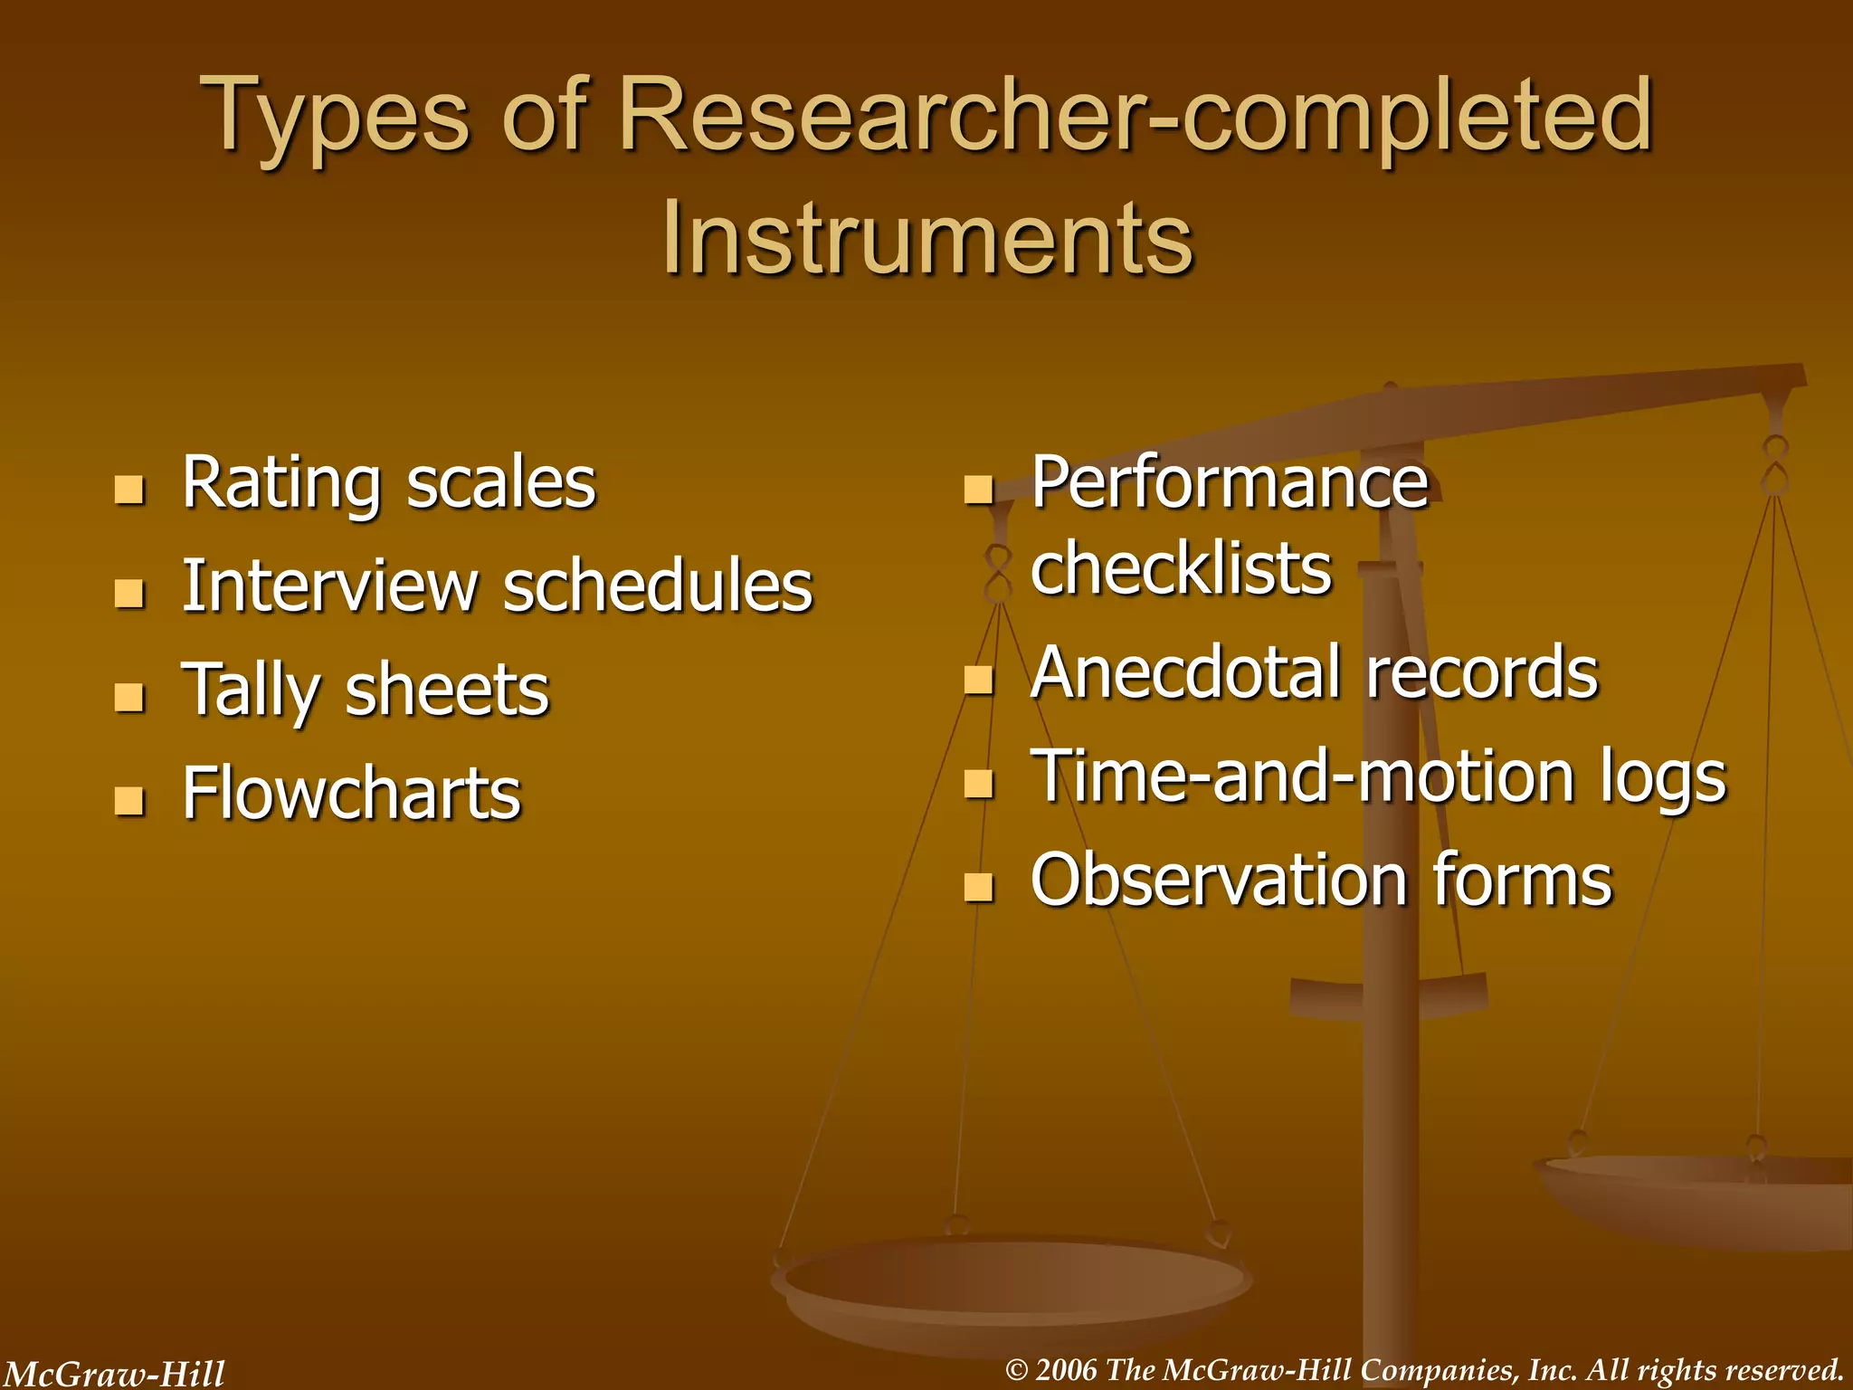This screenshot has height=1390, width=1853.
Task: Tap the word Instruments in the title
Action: coord(926,238)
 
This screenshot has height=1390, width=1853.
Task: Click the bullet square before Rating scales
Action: coord(129,490)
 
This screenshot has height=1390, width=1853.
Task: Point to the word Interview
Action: coord(329,586)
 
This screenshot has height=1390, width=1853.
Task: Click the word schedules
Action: coord(658,586)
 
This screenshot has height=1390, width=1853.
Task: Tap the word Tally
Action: coord(251,690)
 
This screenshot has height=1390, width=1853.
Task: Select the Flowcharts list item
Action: coord(351,793)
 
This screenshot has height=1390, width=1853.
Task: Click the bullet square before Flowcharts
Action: coord(129,800)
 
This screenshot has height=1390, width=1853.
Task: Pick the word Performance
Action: coord(1229,482)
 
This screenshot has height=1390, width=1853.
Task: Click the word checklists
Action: coord(1181,568)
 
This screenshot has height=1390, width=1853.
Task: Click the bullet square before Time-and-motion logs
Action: coord(978,783)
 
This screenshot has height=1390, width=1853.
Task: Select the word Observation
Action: coord(1218,880)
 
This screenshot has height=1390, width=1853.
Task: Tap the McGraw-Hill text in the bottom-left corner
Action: coord(113,1374)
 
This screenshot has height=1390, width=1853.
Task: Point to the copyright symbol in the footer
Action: coord(1017,1370)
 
